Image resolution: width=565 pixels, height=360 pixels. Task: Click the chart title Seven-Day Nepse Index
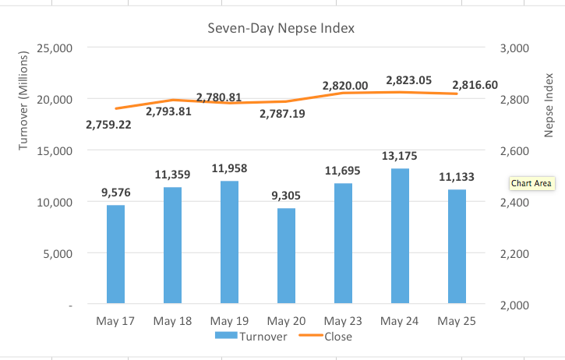point(281,29)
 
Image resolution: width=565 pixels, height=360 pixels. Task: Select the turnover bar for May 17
point(115,254)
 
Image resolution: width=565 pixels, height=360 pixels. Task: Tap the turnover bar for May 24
point(400,235)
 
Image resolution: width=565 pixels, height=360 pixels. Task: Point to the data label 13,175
point(400,156)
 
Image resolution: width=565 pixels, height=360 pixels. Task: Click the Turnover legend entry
point(251,337)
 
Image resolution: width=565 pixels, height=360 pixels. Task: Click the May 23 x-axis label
point(344,320)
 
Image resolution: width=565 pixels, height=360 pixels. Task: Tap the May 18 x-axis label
point(173,320)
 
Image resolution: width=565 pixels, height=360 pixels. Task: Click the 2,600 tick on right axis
point(512,151)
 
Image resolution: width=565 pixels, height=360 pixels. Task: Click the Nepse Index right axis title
point(548,102)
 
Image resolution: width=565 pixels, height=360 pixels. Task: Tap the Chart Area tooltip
point(531,184)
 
